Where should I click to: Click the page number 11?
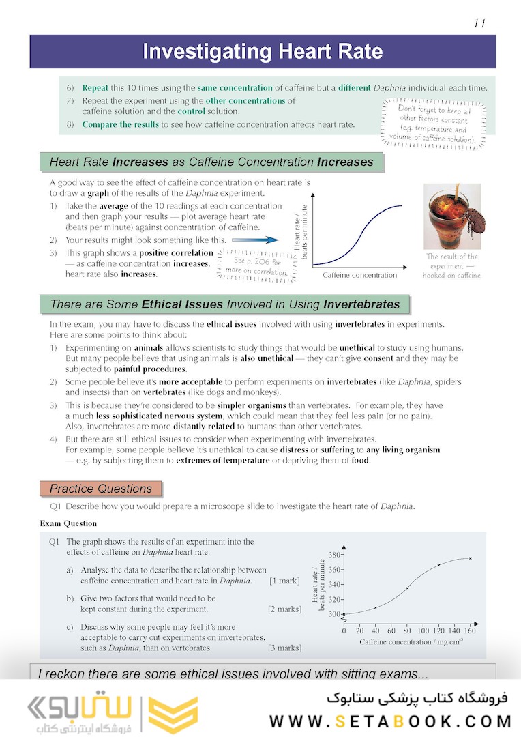pyautogui.click(x=479, y=23)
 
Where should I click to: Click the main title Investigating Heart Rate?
pyautogui.click(x=263, y=52)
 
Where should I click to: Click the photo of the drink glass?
pyautogui.click(x=452, y=216)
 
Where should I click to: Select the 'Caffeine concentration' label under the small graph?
pyautogui.click(x=359, y=275)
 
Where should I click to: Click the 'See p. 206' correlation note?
pyautogui.click(x=256, y=265)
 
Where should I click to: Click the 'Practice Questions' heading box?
pyautogui.click(x=101, y=489)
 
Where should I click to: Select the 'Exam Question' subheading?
pyautogui.click(x=68, y=523)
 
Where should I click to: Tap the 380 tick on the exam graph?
pyautogui.click(x=334, y=555)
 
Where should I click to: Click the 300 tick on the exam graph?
pyautogui.click(x=334, y=614)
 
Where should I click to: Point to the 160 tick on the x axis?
pyautogui.click(x=470, y=631)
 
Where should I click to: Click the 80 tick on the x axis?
pyautogui.click(x=407, y=631)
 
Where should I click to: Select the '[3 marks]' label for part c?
pyautogui.click(x=284, y=648)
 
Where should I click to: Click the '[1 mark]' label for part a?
pyautogui.click(x=284, y=581)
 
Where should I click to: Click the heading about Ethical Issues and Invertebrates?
pyautogui.click(x=225, y=304)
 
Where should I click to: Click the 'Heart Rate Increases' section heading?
pyautogui.click(x=211, y=162)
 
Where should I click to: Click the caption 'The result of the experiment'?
pyautogui.click(x=451, y=265)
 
